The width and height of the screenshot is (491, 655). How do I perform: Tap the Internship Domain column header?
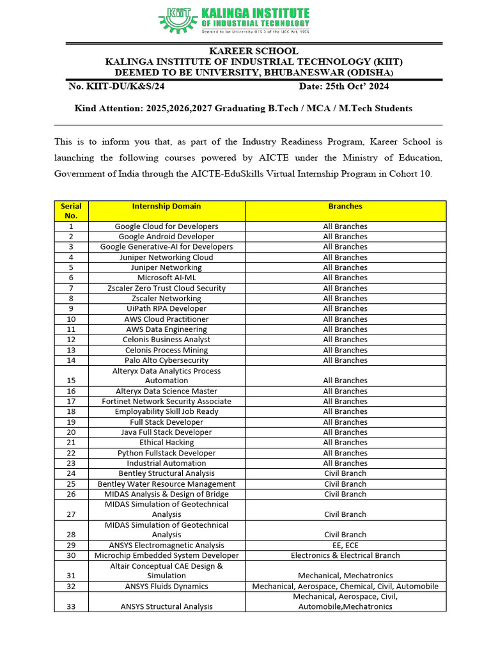[166, 207]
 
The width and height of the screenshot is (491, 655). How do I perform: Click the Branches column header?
[345, 207]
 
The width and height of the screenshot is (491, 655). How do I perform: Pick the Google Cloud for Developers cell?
[166, 226]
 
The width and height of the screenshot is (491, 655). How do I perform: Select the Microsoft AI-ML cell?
[166, 278]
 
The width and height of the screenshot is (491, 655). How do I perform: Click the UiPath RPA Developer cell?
[166, 308]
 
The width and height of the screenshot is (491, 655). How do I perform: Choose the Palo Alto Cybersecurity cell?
[166, 360]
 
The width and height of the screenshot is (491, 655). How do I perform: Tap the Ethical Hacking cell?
[166, 443]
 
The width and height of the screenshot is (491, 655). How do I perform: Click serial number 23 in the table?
[71, 463]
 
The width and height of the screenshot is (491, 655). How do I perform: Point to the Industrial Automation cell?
[166, 463]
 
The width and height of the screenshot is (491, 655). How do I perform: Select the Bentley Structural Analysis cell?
[166, 473]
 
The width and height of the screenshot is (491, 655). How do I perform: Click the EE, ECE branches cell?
[345, 545]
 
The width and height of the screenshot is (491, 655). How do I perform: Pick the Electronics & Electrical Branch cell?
[345, 555]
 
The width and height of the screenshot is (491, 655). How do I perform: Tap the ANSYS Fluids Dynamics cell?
[166, 586]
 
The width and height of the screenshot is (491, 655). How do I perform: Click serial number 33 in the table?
[71, 606]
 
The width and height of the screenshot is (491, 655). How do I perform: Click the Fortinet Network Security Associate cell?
[166, 401]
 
